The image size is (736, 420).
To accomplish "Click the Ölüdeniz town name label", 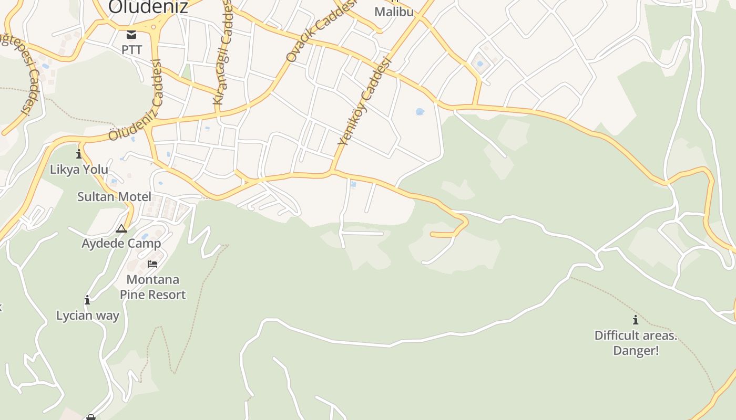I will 148,6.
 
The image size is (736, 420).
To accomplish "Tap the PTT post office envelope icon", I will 131,35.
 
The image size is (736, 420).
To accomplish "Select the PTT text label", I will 131,50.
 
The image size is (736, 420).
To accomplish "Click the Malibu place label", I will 394,12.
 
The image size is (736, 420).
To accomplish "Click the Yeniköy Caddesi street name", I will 365,102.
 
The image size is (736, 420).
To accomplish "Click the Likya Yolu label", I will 79,169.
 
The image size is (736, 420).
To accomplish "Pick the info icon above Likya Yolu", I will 79,154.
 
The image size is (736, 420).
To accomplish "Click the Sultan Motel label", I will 114,197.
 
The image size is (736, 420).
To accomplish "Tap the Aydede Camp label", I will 121,244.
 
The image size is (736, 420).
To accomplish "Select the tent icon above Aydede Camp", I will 121,228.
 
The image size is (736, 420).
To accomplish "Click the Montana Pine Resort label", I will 152,287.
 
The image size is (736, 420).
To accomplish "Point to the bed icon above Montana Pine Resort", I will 152,264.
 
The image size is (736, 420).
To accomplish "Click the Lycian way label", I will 88,316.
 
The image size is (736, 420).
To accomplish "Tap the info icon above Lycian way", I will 87,300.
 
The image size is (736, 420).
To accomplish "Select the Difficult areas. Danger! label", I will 636,342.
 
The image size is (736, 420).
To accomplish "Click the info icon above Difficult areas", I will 636,320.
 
